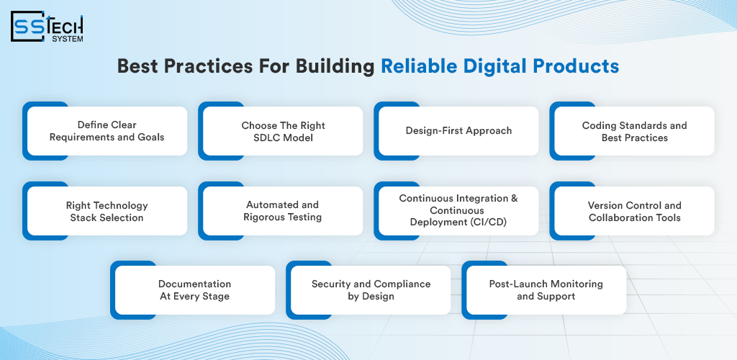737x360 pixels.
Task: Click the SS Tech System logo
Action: pyautogui.click(x=47, y=27)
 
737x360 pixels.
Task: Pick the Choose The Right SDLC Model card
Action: pyautogui.click(x=281, y=131)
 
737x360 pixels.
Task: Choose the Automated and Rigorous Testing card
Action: pyautogui.click(x=281, y=211)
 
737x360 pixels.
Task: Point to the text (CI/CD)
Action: pyautogui.click(x=489, y=222)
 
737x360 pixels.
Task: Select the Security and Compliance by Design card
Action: pyautogui.click(x=369, y=290)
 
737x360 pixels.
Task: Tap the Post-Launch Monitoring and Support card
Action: pyautogui.click(x=545, y=290)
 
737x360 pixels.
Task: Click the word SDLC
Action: pyautogui.click(x=266, y=138)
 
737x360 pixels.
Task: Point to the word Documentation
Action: pyautogui.click(x=194, y=284)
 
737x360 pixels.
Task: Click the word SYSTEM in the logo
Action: pyautogui.click(x=68, y=39)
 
